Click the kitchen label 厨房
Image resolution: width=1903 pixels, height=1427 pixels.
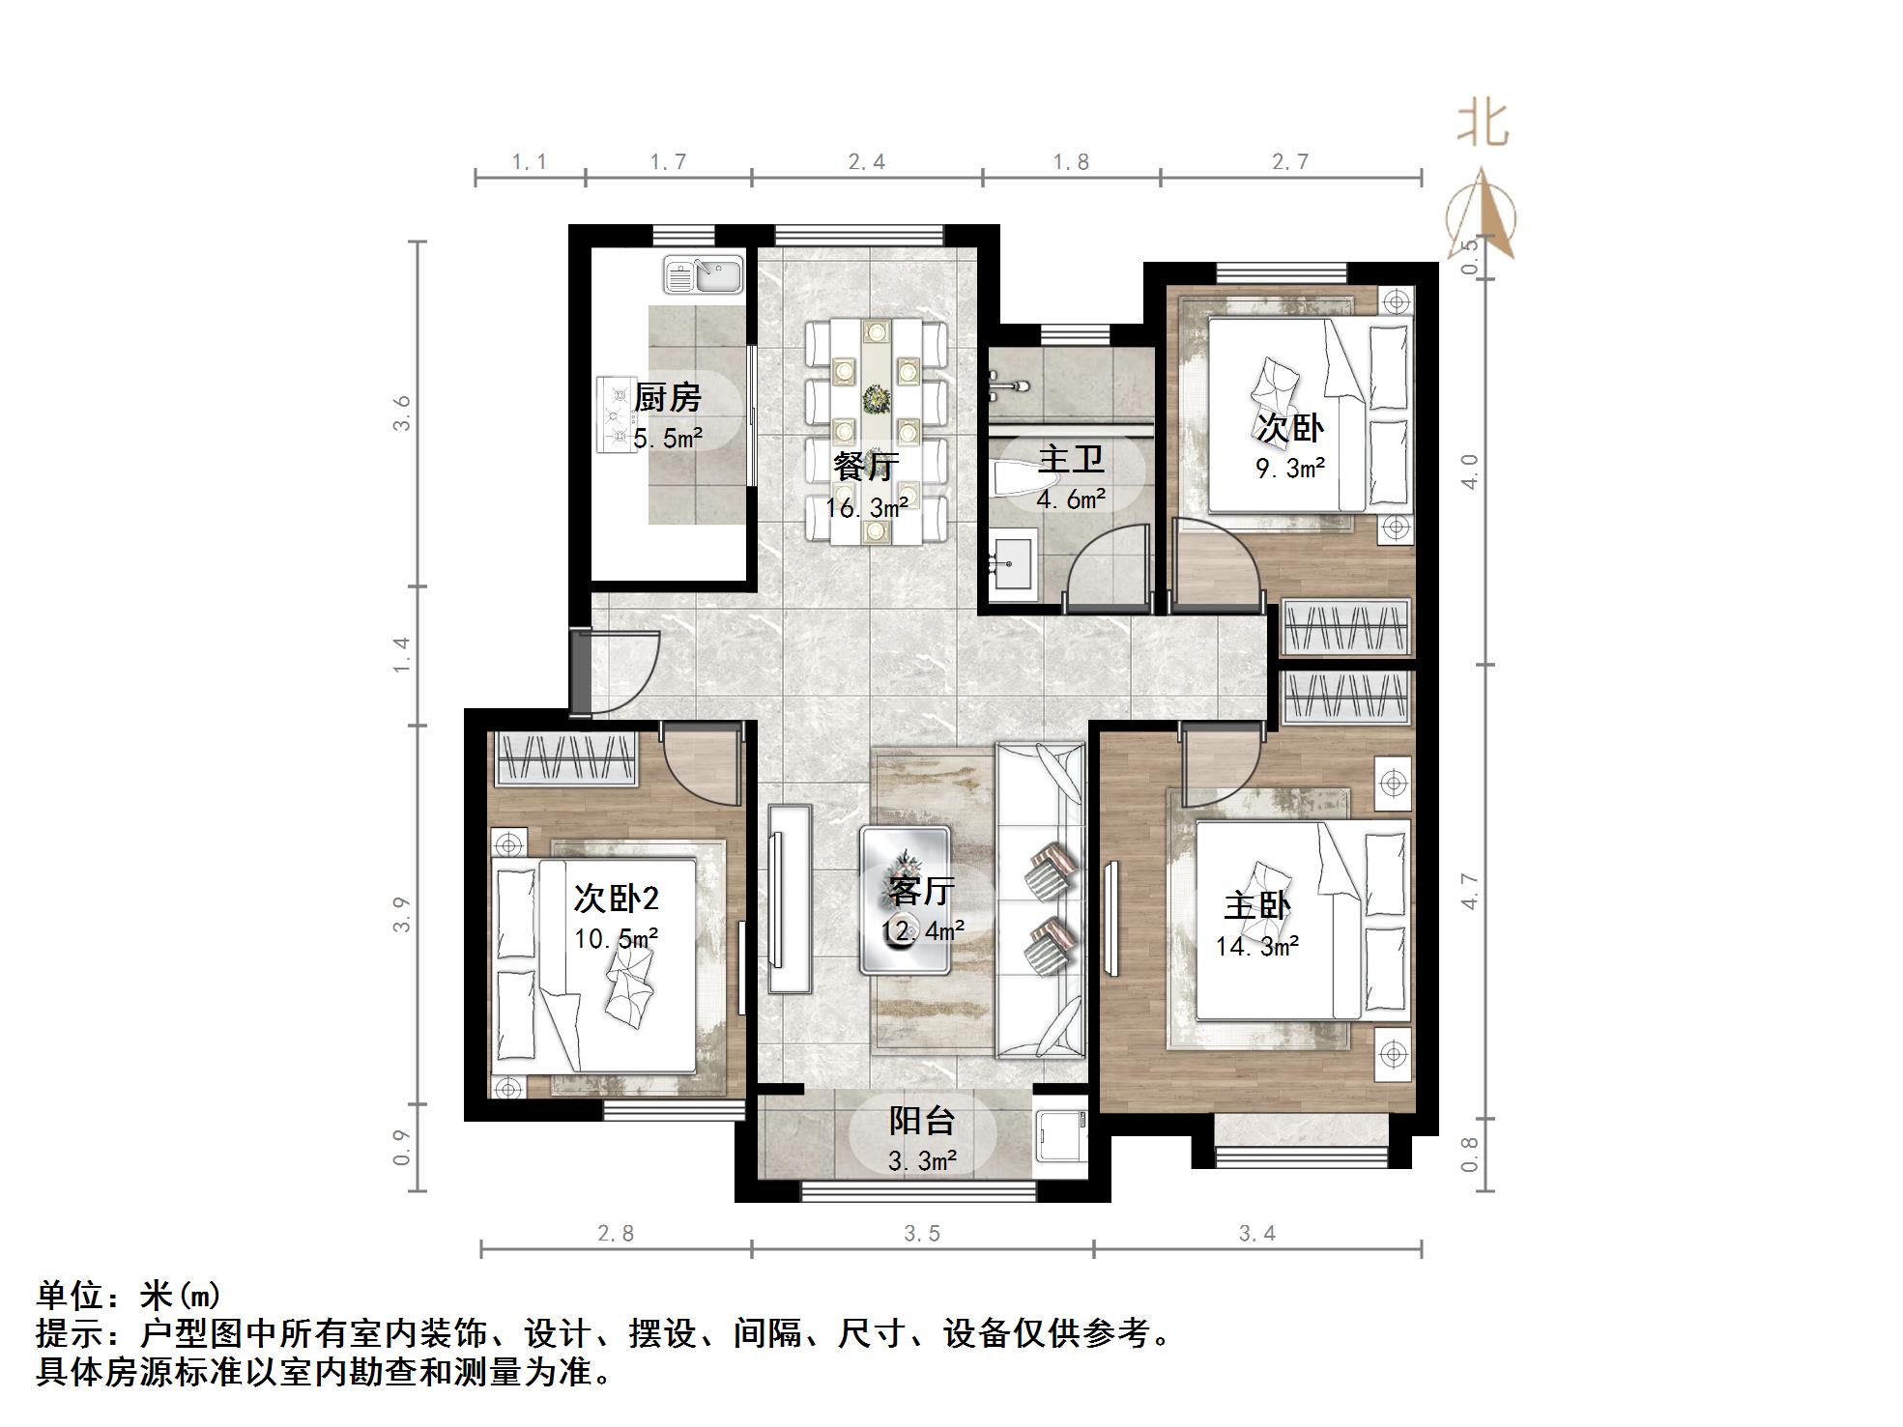[x=667, y=397]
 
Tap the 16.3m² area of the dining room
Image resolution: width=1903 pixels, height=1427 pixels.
[x=866, y=507]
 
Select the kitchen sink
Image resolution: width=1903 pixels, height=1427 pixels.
[x=703, y=274]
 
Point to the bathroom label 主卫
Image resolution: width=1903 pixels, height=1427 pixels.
[x=1070, y=460]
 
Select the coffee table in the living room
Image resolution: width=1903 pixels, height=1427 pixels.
[x=906, y=899]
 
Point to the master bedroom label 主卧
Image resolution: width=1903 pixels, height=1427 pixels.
[x=1256, y=905]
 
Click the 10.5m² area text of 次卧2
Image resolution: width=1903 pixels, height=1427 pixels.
[x=617, y=938]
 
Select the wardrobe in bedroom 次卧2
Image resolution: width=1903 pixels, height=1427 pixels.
[x=566, y=758]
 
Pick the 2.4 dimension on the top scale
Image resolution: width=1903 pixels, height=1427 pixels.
[x=866, y=162]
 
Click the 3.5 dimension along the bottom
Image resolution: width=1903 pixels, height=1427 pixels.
[x=922, y=1234]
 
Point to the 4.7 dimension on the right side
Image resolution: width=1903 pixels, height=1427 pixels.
[x=1470, y=891]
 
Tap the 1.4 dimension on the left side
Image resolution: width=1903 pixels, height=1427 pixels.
[x=403, y=655]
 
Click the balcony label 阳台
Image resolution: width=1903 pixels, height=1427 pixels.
[x=921, y=1121]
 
